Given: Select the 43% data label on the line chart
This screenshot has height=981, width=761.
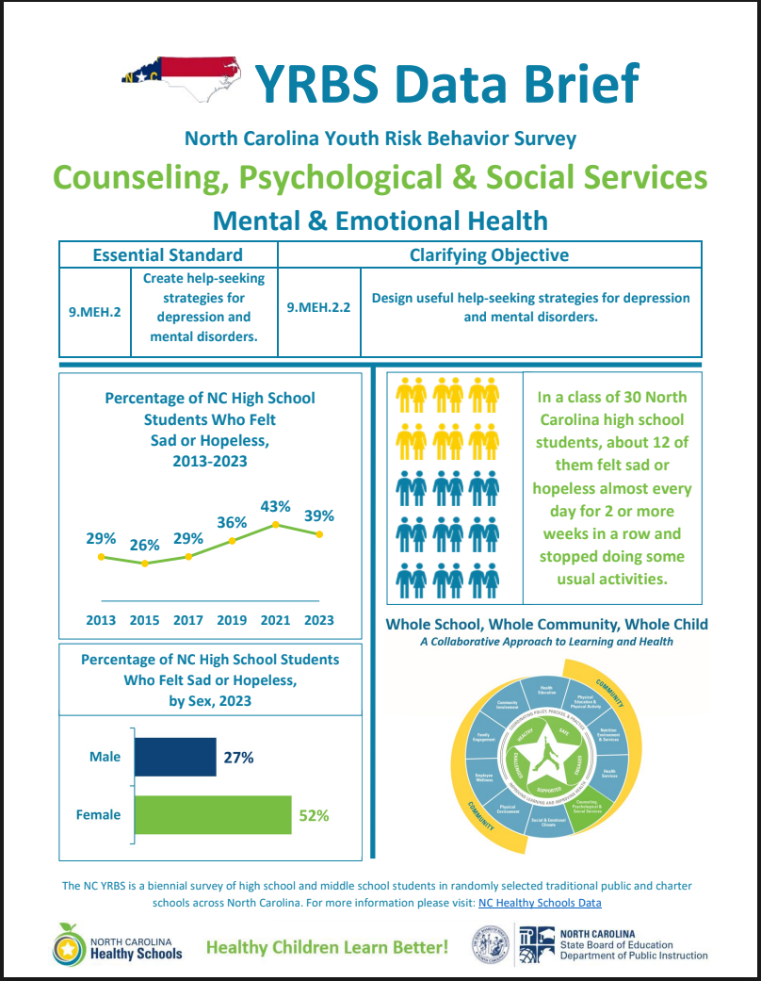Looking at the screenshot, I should (x=275, y=506).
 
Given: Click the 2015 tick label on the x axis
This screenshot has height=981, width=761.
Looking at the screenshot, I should (x=144, y=620).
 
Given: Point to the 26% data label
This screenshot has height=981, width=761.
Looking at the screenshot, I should (x=144, y=545).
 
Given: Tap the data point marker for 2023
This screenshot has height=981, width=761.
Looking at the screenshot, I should (x=320, y=534).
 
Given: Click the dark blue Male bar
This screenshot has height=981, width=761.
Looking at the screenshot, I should (x=175, y=757).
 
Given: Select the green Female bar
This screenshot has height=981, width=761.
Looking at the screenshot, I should (x=213, y=815).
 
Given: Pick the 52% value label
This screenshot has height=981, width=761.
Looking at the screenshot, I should (x=314, y=815).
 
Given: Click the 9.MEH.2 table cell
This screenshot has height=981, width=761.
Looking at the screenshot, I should (x=95, y=309).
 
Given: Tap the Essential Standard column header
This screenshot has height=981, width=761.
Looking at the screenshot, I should (x=168, y=254).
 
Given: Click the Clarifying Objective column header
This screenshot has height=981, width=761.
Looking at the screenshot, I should (x=489, y=254).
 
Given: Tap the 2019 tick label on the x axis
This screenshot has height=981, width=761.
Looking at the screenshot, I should (x=232, y=620).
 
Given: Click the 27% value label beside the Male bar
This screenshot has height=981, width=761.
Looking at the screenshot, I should (x=238, y=757).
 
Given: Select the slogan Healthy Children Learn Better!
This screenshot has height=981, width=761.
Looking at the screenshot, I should (x=327, y=946).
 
